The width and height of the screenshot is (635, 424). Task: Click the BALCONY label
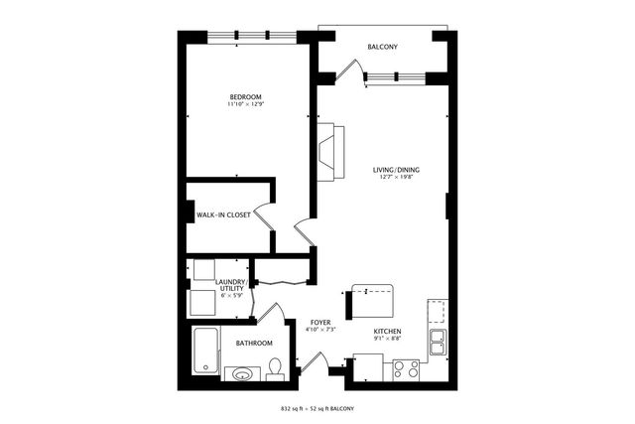click(x=382, y=47)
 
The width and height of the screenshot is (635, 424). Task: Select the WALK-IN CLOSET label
click(x=222, y=215)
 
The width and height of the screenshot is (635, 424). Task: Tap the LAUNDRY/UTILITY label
click(x=230, y=286)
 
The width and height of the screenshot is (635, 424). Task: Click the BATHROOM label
click(x=254, y=344)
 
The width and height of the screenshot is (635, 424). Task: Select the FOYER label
click(x=319, y=323)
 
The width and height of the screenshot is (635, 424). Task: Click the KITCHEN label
click(x=387, y=332)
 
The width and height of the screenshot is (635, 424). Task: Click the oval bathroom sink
click(x=241, y=374)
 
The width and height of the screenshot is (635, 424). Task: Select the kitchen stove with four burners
click(x=406, y=368)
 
